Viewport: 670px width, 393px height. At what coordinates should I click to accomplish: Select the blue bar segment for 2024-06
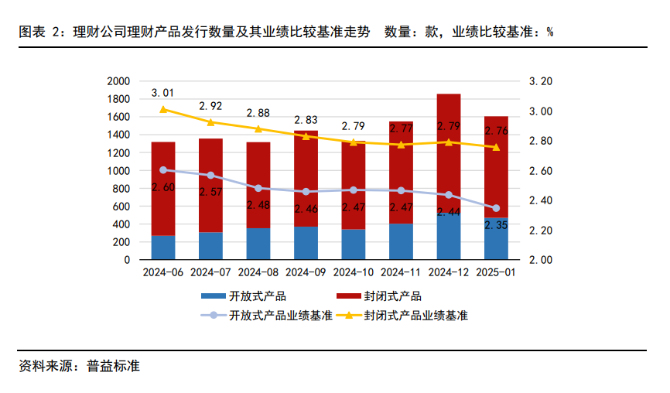pyautogui.click(x=163, y=248)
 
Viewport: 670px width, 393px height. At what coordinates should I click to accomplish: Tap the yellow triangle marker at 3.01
pyautogui.click(x=163, y=109)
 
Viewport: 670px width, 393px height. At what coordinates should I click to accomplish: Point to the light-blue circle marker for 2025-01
pyautogui.click(x=497, y=208)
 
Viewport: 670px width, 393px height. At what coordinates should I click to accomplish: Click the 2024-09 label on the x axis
pyautogui.click(x=306, y=272)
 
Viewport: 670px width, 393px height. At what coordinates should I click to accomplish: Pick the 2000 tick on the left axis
pyautogui.click(x=117, y=81)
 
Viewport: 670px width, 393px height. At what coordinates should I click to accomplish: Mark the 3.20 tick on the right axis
pyautogui.click(x=540, y=81)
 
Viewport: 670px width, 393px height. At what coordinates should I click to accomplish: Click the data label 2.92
pyautogui.click(x=211, y=106)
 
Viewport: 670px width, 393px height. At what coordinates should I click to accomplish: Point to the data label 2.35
pyautogui.click(x=497, y=225)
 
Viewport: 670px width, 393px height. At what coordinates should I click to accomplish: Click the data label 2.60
pyautogui.click(x=163, y=187)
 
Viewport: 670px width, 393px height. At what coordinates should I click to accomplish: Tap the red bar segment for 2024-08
pyautogui.click(x=258, y=186)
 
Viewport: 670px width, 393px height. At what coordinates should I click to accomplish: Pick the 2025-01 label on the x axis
pyautogui.click(x=497, y=272)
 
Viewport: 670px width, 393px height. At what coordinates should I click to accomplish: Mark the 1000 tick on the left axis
pyautogui.click(x=117, y=171)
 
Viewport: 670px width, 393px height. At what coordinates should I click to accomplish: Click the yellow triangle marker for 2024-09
pyautogui.click(x=306, y=136)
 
